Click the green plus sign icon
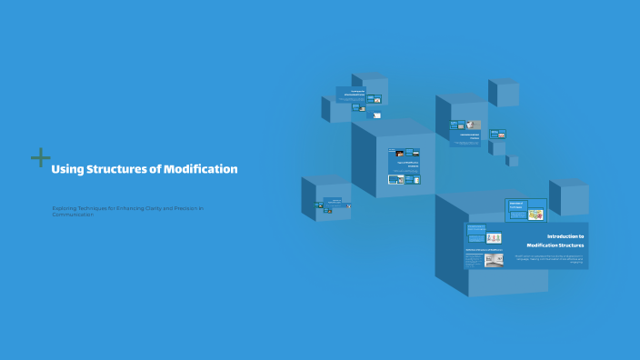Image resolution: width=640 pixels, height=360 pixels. pyautogui.click(x=40, y=158)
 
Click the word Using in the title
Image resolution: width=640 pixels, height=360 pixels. pyautogui.click(x=66, y=169)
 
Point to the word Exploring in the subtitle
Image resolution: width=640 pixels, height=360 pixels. pyautogui.click(x=65, y=208)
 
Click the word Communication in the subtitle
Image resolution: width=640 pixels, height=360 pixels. pyautogui.click(x=73, y=215)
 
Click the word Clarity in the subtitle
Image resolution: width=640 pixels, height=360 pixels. pyautogui.click(x=145, y=208)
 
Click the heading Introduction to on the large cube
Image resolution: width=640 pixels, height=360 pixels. pyautogui.click(x=565, y=235)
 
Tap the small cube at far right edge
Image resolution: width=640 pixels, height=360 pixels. pyautogui.click(x=569, y=196)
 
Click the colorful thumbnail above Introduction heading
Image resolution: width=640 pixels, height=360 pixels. pyautogui.click(x=535, y=215)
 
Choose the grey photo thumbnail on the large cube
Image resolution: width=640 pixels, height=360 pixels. pyautogui.click(x=494, y=260)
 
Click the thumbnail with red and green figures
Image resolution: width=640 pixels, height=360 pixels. pyautogui.click(x=494, y=238)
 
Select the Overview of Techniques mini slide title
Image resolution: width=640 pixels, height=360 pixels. pyautogui.click(x=515, y=205)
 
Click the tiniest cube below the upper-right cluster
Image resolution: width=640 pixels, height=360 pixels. pyautogui.click(x=513, y=161)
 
